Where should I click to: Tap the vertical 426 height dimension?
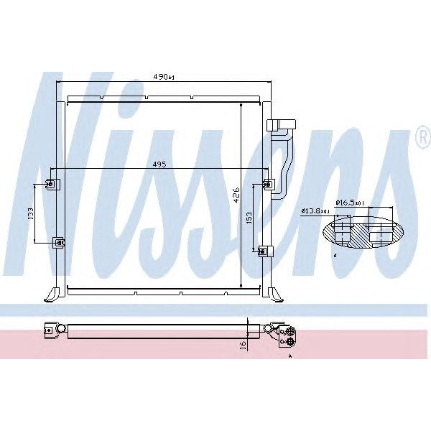[234, 195]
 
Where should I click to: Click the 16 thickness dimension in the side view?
[244, 344]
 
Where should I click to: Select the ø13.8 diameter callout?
[315, 210]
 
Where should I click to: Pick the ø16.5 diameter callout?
[351, 203]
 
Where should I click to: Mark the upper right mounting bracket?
[268, 184]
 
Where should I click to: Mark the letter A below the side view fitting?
[290, 356]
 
